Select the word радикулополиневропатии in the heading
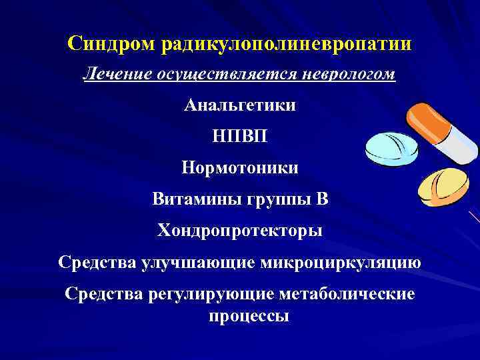click(x=286, y=44)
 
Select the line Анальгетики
click(x=239, y=105)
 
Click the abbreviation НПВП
click(x=239, y=136)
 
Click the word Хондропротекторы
click(x=239, y=230)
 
